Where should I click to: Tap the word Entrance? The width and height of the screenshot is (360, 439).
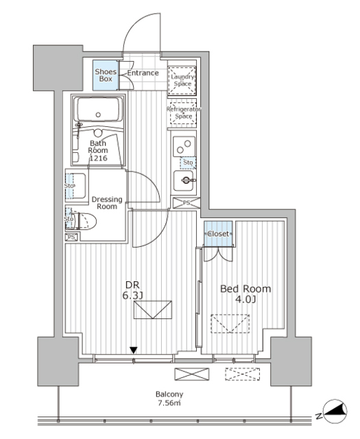coord(143,73)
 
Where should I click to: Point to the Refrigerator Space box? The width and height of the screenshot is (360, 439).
coord(183,112)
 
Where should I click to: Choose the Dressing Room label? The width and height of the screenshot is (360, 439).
coord(107,203)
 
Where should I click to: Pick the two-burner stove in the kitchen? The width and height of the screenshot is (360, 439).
coord(184,145)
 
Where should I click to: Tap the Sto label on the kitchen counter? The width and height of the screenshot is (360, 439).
coord(188,163)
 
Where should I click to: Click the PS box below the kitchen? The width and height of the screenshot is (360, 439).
coord(184,202)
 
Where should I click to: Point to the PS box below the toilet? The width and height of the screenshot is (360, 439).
coord(71,237)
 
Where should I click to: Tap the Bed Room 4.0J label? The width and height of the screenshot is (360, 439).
coord(246,294)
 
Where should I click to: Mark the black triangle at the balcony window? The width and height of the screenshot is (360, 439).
coord(134,351)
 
